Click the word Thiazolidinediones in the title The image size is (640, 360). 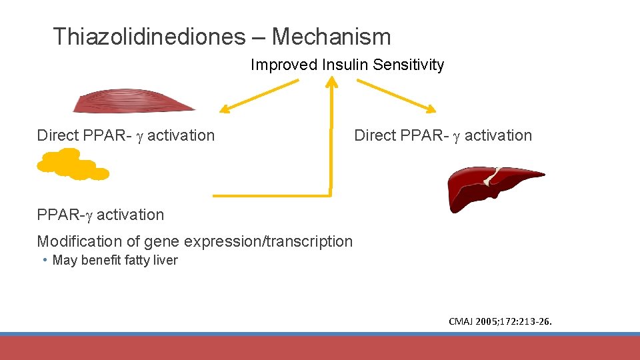pos(149,36)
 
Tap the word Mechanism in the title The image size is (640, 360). pos(331,36)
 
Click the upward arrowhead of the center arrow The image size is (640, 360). pos(331,82)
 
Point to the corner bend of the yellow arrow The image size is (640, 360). pos(330,195)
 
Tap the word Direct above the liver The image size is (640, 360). pos(375,135)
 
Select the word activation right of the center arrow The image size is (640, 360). pos(498,135)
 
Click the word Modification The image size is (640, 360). pos(74,241)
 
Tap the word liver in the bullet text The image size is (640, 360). pos(165,260)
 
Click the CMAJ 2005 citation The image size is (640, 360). pos(500,323)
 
